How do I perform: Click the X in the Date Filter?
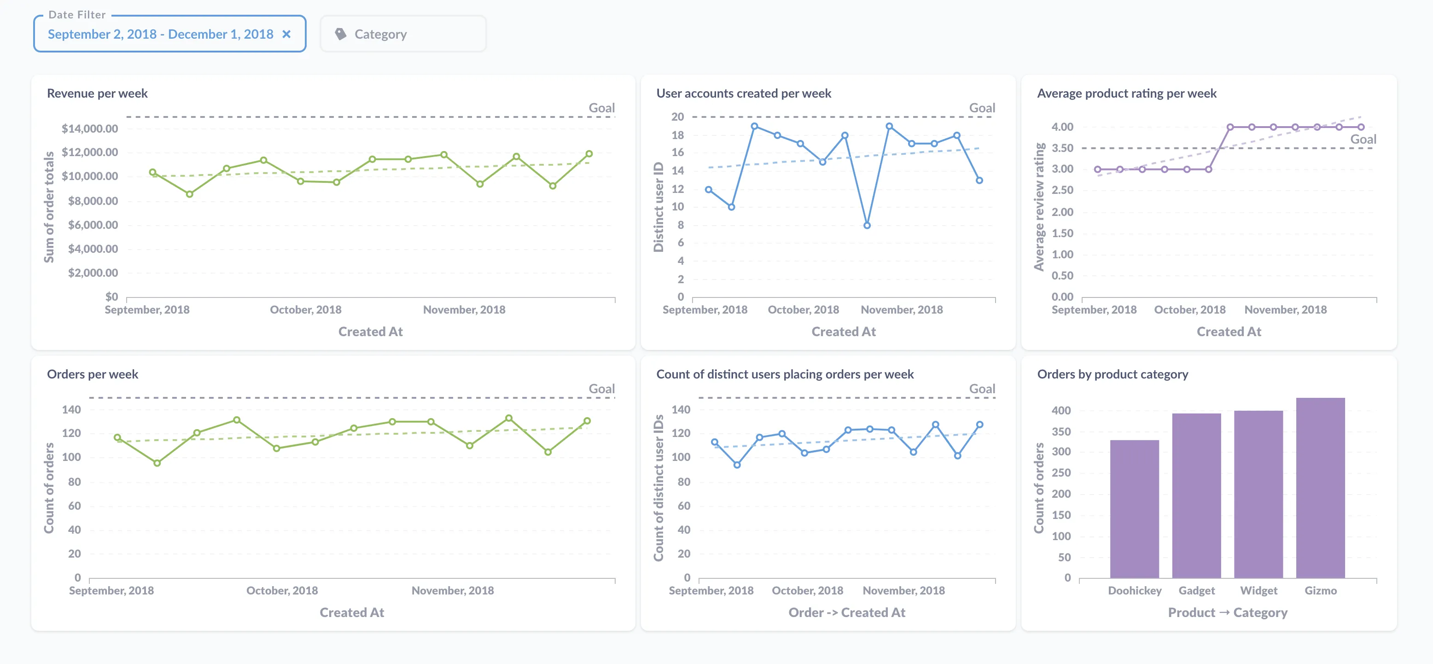(286, 35)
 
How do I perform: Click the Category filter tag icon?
(340, 35)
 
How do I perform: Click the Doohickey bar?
(1134, 509)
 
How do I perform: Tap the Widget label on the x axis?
(1258, 591)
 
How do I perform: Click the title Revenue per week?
(97, 93)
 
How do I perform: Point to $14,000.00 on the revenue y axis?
(89, 129)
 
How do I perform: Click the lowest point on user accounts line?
(867, 225)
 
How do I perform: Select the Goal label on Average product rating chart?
(1363, 140)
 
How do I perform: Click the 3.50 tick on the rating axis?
(1062, 148)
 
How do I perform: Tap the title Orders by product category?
(1112, 374)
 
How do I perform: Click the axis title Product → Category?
(1227, 612)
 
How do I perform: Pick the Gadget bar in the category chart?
(1196, 495)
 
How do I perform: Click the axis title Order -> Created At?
(846, 612)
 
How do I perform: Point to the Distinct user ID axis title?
(658, 207)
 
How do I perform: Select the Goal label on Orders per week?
(601, 389)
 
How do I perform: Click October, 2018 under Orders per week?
(282, 591)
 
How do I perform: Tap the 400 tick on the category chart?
(1061, 411)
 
